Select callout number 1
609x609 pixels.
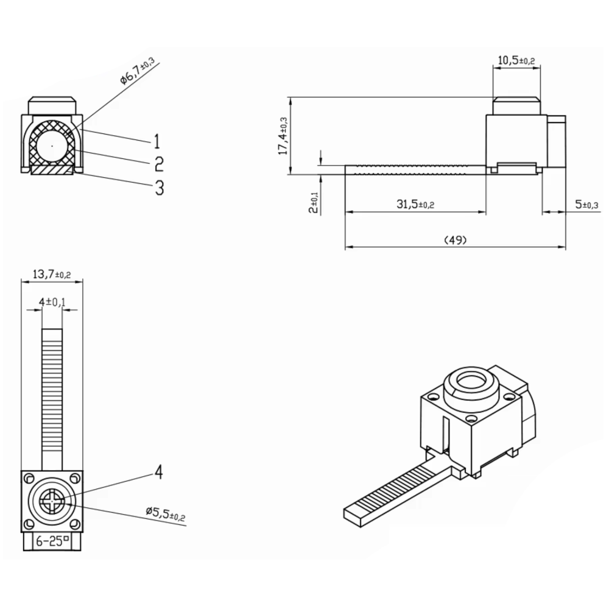157,142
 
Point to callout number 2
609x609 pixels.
158,164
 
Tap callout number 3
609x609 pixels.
159,188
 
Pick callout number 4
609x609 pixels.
158,472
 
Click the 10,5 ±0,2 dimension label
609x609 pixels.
516,60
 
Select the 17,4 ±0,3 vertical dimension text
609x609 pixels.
283,136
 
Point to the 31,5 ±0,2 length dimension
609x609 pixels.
415,205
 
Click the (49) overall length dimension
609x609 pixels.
455,241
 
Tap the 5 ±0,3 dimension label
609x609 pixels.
587,205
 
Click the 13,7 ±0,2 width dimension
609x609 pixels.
52,275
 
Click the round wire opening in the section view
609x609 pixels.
52,147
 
